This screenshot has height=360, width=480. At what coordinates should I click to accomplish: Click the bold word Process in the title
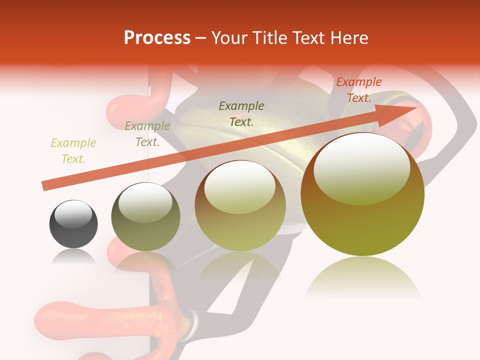(x=157, y=37)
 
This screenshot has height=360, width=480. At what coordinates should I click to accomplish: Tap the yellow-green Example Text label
(x=73, y=151)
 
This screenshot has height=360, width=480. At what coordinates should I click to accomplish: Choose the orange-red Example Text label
(x=359, y=90)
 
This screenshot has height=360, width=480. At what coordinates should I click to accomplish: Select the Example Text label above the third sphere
(x=241, y=113)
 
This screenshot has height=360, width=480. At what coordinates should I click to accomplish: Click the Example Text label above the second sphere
(x=147, y=134)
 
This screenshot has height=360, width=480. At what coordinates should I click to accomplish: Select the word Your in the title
(x=228, y=37)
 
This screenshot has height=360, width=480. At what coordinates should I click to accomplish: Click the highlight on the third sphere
(x=240, y=187)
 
